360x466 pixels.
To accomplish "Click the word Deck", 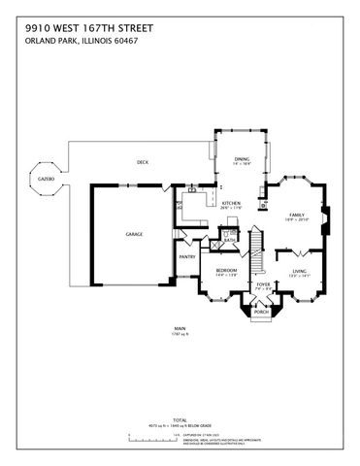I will tap(142, 161).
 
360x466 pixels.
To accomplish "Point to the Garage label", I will tap(133, 234).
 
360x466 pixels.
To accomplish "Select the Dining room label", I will tap(242, 159).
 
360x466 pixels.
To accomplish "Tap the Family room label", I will tap(298, 216).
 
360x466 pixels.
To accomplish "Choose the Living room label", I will tap(299, 272).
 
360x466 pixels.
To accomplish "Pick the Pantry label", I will tap(186, 256).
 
